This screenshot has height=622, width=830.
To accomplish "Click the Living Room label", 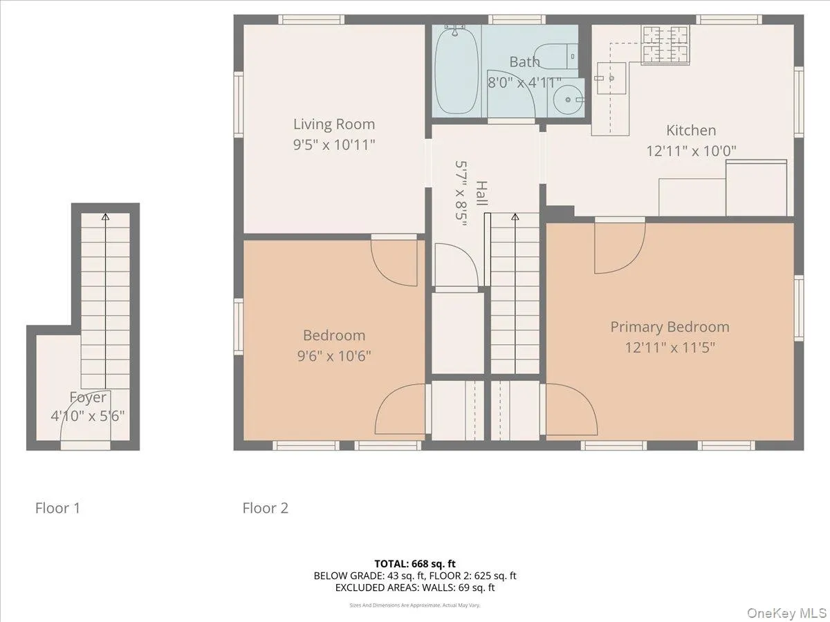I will [x=334, y=124].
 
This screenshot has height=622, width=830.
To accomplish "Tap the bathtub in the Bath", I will [x=456, y=71].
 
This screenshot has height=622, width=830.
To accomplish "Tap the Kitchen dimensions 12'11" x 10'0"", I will [x=691, y=150].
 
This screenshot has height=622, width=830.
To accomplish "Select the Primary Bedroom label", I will [x=670, y=327].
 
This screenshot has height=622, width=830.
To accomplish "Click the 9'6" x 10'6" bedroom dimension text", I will [x=334, y=356].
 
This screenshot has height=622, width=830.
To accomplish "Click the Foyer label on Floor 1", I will [x=88, y=397].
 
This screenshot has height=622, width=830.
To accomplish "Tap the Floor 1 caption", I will [x=58, y=509].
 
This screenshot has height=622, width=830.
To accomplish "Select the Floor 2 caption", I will [x=265, y=509].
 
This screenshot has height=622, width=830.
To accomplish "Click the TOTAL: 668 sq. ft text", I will [x=415, y=564].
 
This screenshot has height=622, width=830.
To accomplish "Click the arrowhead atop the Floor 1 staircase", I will [x=105, y=217].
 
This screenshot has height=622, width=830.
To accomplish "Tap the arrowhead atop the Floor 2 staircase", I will [x=515, y=217].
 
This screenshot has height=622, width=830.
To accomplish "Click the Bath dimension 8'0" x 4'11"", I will [x=524, y=82].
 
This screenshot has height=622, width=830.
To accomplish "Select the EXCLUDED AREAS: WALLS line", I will [x=415, y=588].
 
